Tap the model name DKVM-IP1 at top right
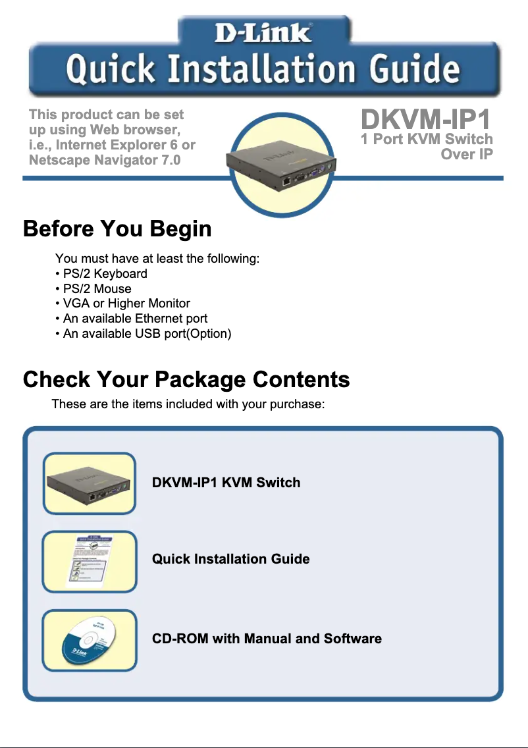[x=427, y=120]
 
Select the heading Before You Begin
[x=117, y=229]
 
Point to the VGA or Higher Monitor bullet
[x=123, y=304]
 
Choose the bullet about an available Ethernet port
[x=132, y=319]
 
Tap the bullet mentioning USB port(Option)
[x=144, y=334]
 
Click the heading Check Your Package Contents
[x=186, y=380]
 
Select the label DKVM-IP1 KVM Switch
[x=226, y=483]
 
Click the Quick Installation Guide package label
[x=230, y=559]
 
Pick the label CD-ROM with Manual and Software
[x=267, y=639]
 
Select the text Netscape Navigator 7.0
[x=105, y=160]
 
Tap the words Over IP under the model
[x=467, y=154]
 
